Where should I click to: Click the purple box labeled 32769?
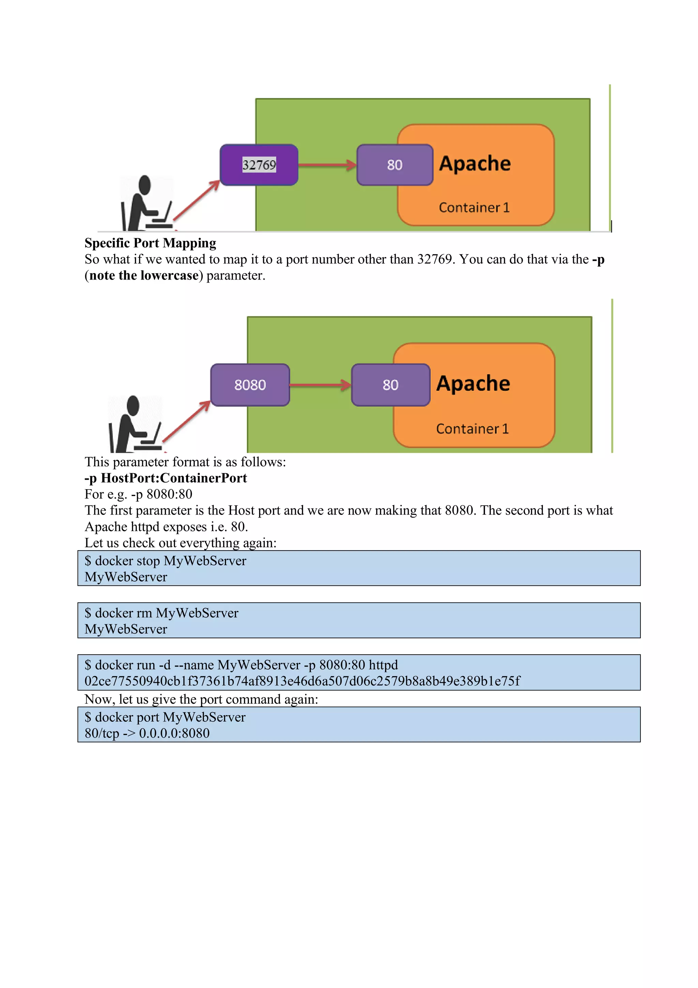[259, 165]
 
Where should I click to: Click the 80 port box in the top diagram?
[394, 165]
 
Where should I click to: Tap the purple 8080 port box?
[250, 385]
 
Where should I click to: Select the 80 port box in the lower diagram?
[390, 385]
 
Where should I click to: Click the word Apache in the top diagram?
[475, 164]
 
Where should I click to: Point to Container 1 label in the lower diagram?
[472, 429]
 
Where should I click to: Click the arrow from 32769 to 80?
[327, 165]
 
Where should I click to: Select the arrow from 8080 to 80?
[320, 385]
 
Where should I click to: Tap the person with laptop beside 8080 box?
[134, 424]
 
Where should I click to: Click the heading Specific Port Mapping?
[150, 243]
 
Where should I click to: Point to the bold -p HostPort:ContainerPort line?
[166, 478]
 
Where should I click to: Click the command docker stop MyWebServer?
[166, 561]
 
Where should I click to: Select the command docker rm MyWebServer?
[162, 613]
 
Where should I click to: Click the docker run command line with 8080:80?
[241, 665]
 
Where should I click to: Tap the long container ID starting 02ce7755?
[302, 681]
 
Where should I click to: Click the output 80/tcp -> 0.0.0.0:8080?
[147, 733]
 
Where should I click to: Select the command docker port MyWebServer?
[165, 717]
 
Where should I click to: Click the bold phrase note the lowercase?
[144, 275]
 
